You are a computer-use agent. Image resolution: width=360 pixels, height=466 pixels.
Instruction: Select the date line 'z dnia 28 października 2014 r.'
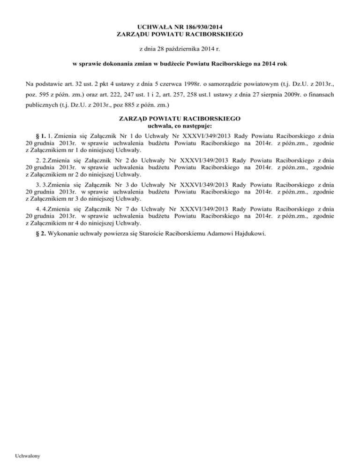pyautogui.click(x=180, y=49)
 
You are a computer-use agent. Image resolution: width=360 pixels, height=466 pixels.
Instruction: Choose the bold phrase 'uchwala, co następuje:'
pyautogui.click(x=180, y=126)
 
